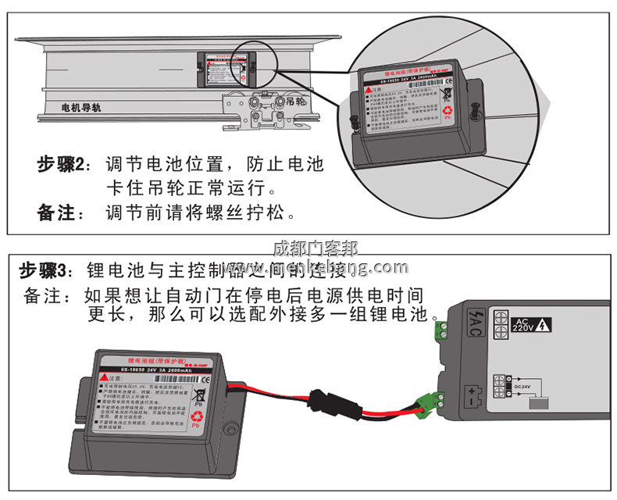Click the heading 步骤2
coord(66,165)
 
